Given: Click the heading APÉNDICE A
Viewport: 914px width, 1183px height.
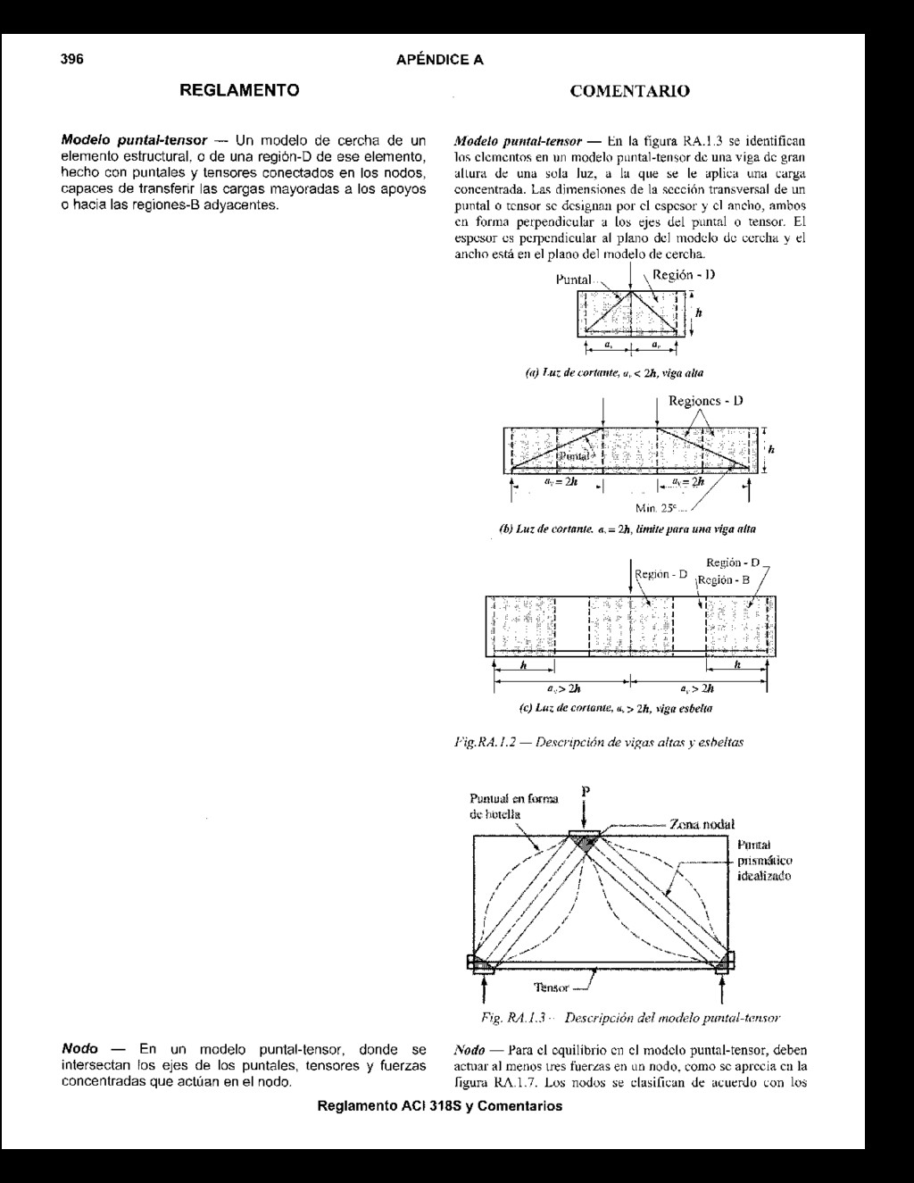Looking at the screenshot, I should pyautogui.click(x=439, y=60).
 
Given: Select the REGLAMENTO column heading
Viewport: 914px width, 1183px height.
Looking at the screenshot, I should pyautogui.click(x=239, y=90).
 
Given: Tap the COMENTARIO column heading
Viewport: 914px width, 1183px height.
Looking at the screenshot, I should pyautogui.click(x=629, y=91).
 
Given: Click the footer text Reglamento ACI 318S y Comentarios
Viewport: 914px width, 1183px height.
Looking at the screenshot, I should pyautogui.click(x=440, y=1106).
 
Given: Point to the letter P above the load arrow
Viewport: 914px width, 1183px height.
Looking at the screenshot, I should pyautogui.click(x=586, y=791).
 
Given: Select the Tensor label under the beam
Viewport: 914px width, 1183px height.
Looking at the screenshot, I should pyautogui.click(x=551, y=987).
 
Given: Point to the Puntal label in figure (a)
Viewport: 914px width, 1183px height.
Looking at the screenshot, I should pyautogui.click(x=573, y=279).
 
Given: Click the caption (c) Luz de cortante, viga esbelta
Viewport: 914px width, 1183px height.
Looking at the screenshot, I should pyautogui.click(x=615, y=708).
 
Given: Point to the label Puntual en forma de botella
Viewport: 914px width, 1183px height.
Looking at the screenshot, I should pyautogui.click(x=513, y=806).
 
